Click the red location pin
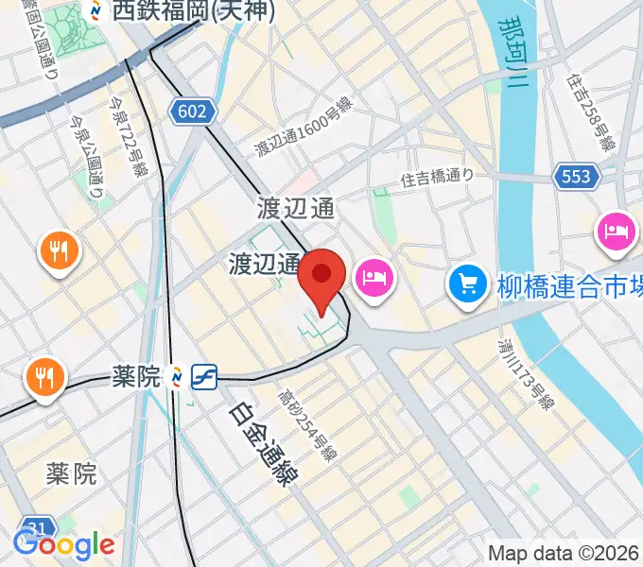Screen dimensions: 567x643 [321, 277]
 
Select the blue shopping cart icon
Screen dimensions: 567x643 [467, 282]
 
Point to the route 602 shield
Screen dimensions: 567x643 [190, 112]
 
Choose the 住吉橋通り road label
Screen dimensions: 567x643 [436, 176]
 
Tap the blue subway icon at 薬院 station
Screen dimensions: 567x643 [203, 377]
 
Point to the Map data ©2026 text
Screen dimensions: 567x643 [565, 553]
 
